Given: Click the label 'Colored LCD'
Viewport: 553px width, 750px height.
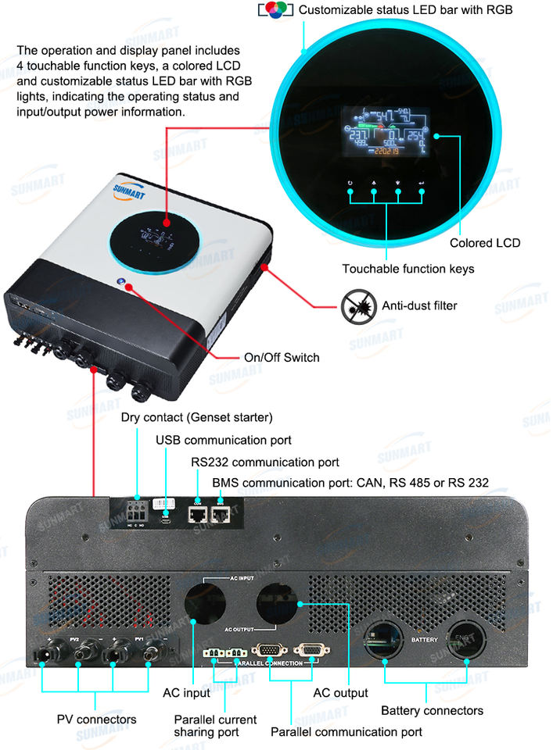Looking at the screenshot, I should [x=484, y=243].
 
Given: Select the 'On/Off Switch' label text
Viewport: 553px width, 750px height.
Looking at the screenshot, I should [x=282, y=357].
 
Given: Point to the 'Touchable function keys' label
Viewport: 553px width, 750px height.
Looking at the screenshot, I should [x=408, y=269].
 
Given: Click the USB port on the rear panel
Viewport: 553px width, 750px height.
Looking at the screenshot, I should [x=166, y=515].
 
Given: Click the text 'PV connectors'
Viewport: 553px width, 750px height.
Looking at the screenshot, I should [x=97, y=719].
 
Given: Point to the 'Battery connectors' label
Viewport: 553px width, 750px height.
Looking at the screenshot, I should [x=432, y=710].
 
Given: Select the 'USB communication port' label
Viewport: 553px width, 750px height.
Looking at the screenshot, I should [x=224, y=440].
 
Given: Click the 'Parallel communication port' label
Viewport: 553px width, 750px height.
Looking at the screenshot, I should [x=347, y=732].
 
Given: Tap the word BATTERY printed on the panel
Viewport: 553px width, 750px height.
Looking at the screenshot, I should [x=426, y=639].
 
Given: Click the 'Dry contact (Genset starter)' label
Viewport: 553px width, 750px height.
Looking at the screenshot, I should [x=197, y=417].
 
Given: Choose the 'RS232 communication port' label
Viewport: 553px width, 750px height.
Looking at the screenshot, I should [x=265, y=462].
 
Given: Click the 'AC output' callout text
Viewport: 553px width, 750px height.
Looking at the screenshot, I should [x=340, y=692].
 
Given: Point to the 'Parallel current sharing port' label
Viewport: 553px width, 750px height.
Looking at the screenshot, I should [x=215, y=725].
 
